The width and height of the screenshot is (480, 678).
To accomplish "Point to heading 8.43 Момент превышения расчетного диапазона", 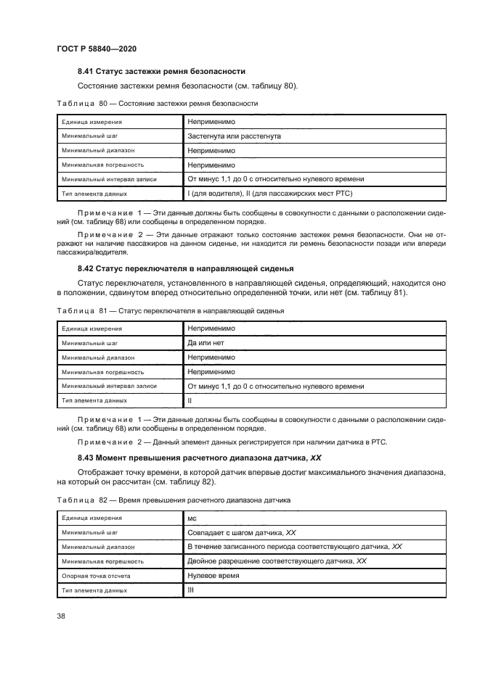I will [x=200, y=458].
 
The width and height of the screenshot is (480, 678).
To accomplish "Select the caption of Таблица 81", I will [x=170, y=310].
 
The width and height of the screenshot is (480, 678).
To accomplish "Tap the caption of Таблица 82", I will [x=173, y=500].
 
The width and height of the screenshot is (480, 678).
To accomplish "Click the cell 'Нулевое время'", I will [x=213, y=575].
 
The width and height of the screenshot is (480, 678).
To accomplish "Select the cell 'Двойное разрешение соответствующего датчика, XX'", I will [x=277, y=561].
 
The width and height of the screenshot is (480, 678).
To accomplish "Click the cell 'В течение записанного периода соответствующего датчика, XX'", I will [x=294, y=547].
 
